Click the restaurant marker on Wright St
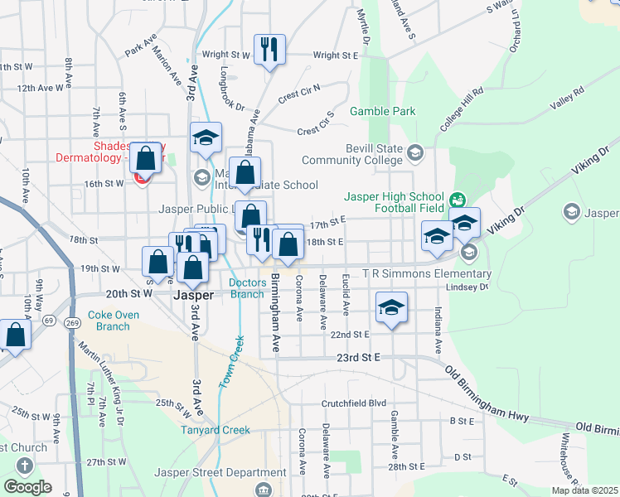(x=269, y=49)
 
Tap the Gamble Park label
(x=382, y=110)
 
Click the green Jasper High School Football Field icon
(x=456, y=199)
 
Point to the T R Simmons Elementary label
(x=427, y=274)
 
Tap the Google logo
(x=27, y=486)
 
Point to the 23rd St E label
(x=358, y=357)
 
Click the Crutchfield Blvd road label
(x=354, y=403)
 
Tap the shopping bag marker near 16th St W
(x=146, y=158)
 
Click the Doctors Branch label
(x=246, y=288)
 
